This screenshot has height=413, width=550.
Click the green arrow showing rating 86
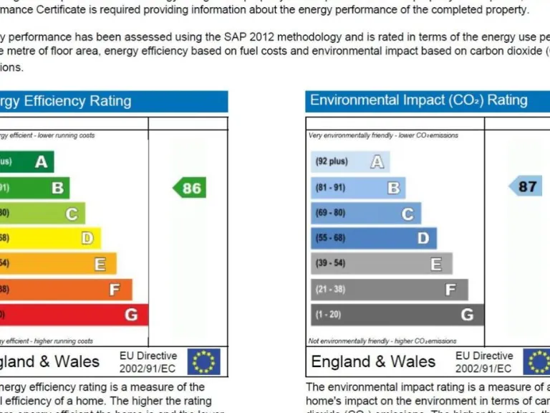coord(190,189)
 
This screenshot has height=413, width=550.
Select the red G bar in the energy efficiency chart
coord(72,315)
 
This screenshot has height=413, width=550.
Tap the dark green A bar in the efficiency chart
coord(26,162)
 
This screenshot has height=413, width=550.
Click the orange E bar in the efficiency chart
coord(57,264)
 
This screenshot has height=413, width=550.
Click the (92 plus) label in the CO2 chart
coord(332,162)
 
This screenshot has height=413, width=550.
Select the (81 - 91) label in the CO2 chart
coord(330,188)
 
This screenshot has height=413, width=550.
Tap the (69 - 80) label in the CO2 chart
coord(330,213)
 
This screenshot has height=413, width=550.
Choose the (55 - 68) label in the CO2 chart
coord(330,238)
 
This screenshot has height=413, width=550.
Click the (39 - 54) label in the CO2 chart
coord(330,264)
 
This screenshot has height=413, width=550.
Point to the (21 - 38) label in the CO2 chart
coord(330,290)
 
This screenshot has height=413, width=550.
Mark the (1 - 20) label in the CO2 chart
coord(328,315)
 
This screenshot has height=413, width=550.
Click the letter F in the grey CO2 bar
coord(450,290)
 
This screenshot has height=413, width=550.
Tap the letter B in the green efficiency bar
coord(57,189)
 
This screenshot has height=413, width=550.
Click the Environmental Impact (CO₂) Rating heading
coord(418,100)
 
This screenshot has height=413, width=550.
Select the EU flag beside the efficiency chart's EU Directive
coord(203,362)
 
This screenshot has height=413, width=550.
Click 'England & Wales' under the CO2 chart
coord(373,361)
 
